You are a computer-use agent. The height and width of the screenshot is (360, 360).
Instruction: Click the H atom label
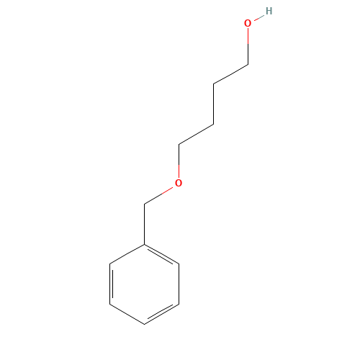(269, 11)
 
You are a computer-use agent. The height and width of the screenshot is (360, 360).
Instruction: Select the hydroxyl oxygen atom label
(248, 23)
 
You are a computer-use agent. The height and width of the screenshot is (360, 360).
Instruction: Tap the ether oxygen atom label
(179, 183)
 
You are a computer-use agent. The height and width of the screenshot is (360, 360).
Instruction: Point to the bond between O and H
(259, 18)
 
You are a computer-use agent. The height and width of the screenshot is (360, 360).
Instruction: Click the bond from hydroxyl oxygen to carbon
(248, 46)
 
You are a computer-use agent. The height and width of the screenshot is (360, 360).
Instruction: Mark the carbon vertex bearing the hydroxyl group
(248, 64)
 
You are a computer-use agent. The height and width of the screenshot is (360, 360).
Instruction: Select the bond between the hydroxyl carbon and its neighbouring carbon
(230, 74)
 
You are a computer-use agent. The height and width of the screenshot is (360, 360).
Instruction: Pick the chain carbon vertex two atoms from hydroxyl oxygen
(213, 84)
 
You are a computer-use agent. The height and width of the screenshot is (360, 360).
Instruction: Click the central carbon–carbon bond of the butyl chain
(213, 104)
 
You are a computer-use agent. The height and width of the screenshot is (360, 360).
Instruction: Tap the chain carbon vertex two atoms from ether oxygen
(213, 125)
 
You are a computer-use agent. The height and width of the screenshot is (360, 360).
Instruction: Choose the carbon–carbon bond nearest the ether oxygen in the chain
(196, 135)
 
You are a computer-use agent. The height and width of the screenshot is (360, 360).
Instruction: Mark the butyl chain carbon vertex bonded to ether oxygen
(179, 145)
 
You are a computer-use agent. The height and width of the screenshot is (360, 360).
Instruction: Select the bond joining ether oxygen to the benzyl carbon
(158, 196)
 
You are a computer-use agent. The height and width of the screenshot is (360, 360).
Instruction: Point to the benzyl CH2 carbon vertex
(144, 204)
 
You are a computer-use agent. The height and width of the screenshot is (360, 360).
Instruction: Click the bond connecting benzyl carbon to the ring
(144, 225)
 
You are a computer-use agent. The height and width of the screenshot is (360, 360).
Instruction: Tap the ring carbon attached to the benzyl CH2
(144, 244)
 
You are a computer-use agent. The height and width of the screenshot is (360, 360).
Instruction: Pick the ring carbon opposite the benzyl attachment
(144, 324)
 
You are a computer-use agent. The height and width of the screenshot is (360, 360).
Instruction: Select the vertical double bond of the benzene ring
(111, 284)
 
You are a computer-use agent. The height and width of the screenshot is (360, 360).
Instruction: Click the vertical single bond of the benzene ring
(179, 284)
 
